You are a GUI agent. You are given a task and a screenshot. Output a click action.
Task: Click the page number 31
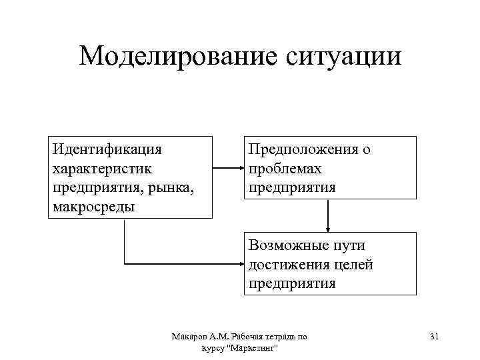pyautogui.click(x=434, y=337)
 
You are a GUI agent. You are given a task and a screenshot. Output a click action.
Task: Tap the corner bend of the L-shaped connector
pyautogui.click(x=125, y=264)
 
